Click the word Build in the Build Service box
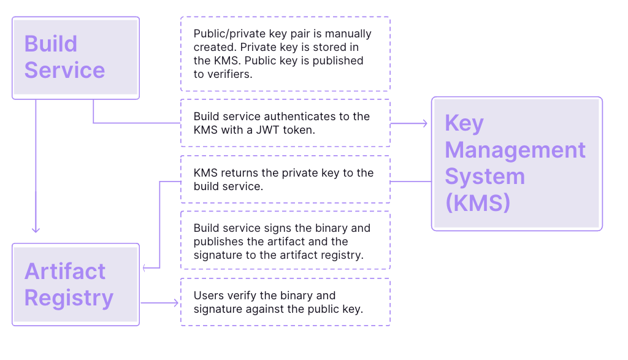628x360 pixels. pyautogui.click(x=51, y=44)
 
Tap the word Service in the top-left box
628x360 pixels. pyautogui.click(x=64, y=70)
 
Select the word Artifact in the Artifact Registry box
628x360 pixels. pyautogui.click(x=65, y=271)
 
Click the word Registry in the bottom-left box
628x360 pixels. pyautogui.click(x=69, y=298)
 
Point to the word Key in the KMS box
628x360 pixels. pyautogui.click(x=464, y=124)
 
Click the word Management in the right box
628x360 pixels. pyautogui.click(x=515, y=150)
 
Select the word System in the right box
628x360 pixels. pyautogui.click(x=484, y=177)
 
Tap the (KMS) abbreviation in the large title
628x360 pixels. pyautogui.click(x=478, y=203)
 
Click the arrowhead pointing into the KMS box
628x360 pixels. pyautogui.click(x=424, y=123)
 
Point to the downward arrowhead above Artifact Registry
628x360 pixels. pyautogui.click(x=36, y=229)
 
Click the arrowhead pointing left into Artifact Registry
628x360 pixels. pyautogui.click(x=145, y=267)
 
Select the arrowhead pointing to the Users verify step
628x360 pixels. pyautogui.click(x=175, y=303)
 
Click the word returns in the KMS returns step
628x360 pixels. pyautogui.click(x=239, y=173)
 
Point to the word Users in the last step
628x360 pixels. pyautogui.click(x=209, y=296)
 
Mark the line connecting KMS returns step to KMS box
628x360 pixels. pyautogui.click(x=411, y=182)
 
